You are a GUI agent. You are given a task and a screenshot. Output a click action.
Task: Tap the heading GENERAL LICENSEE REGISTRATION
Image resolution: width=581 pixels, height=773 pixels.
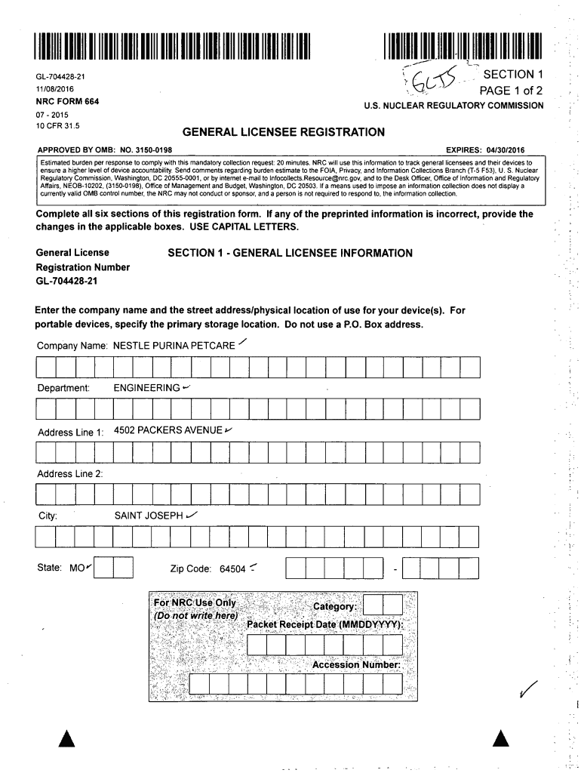tap(284, 131)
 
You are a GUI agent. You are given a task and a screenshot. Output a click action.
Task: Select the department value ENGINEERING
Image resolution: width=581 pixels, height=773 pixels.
tap(146, 388)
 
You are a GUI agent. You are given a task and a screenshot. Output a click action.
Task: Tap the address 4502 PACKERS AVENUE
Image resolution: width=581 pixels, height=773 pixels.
tap(168, 430)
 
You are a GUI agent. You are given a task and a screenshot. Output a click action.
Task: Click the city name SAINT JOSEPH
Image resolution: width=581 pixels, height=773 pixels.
tap(149, 516)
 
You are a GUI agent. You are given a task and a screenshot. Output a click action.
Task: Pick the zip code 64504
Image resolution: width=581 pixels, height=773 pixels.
tap(232, 568)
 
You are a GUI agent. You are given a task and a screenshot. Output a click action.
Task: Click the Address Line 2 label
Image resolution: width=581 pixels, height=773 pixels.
tap(70, 473)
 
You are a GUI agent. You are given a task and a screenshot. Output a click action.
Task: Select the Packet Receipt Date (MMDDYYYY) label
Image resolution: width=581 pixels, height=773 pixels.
tap(325, 626)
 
